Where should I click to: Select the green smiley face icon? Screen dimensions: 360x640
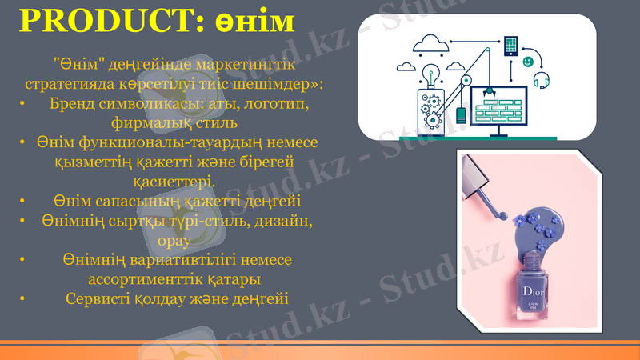[528, 62]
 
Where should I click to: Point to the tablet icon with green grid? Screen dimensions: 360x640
[510, 45]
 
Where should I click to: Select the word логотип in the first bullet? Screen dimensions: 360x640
[274, 105]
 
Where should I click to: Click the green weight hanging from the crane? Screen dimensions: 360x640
[461, 116]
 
